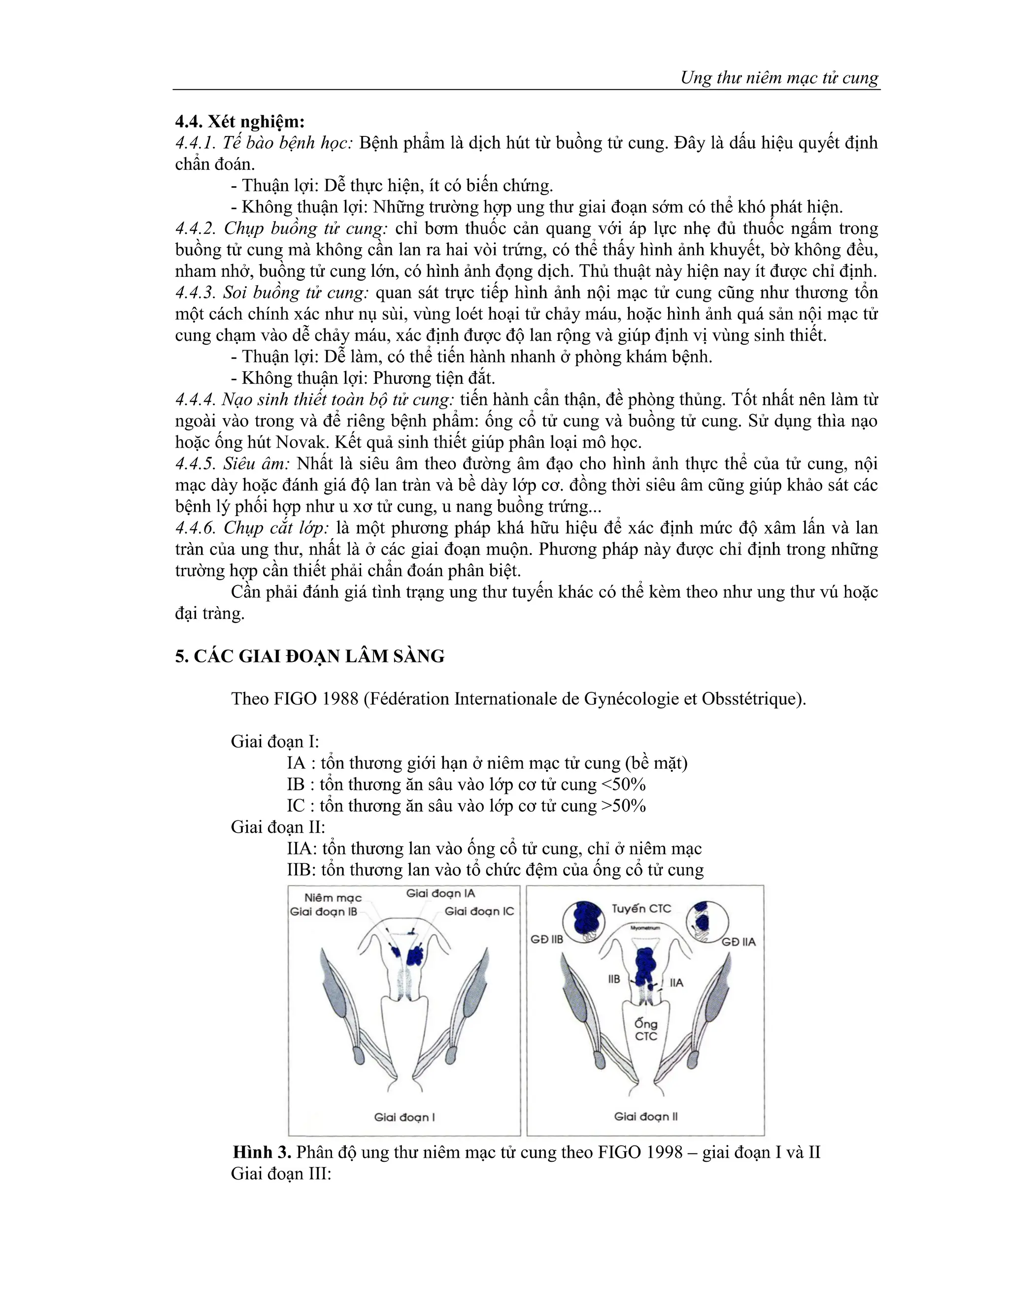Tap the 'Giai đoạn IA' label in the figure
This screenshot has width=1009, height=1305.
click(x=440, y=893)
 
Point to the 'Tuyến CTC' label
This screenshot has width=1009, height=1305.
click(x=641, y=909)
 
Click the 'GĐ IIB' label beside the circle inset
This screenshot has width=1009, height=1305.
click(x=547, y=940)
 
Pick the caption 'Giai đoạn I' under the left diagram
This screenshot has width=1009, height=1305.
click(x=404, y=1117)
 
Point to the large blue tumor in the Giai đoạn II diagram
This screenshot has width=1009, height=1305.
click(x=644, y=966)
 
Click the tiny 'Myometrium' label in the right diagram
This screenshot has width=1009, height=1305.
click(x=645, y=928)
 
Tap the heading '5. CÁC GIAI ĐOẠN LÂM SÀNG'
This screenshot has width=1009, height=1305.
click(x=309, y=656)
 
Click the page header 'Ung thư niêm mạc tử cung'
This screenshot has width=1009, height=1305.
click(x=779, y=78)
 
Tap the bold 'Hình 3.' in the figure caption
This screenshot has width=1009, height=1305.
click(x=261, y=1152)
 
